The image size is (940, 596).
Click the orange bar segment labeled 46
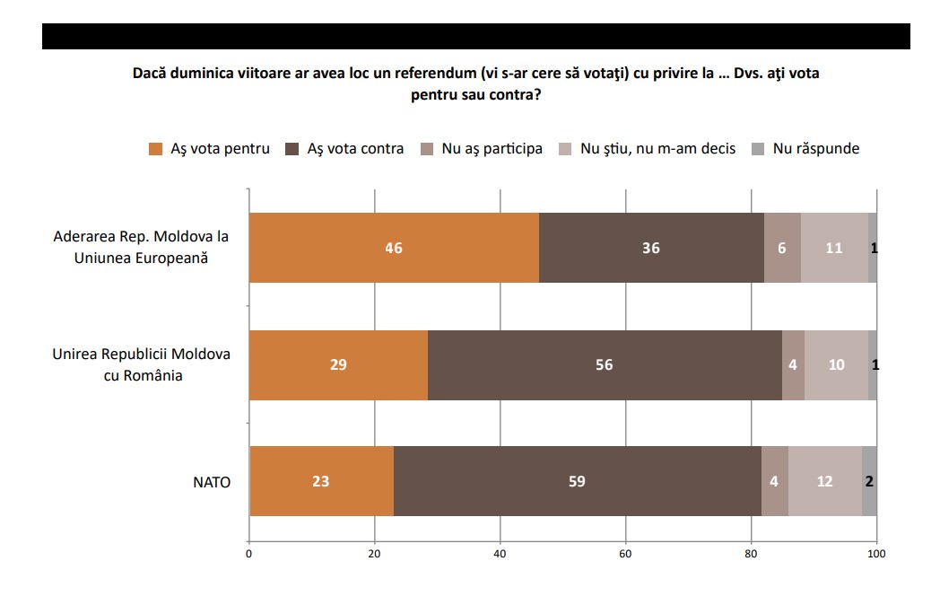click(394, 247)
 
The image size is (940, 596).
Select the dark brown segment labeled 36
click(652, 247)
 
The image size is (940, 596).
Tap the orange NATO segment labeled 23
click(321, 481)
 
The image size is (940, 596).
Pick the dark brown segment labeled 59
click(578, 481)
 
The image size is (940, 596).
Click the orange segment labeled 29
click(339, 365)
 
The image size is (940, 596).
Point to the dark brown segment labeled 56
click(605, 365)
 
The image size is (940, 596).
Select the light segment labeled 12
click(825, 481)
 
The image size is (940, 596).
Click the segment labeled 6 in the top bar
click(782, 247)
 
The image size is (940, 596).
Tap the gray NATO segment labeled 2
click(869, 481)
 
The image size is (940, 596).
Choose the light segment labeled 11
click(834, 247)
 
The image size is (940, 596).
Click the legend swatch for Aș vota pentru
click(156, 149)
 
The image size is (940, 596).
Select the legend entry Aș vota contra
click(344, 149)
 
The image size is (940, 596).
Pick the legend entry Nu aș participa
click(482, 149)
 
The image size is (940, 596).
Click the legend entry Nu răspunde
click(805, 149)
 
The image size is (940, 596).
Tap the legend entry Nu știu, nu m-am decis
click(647, 149)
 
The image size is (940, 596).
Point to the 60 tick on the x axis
click(625, 554)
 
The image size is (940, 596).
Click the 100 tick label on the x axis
click(876, 554)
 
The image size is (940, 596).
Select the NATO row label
click(212, 482)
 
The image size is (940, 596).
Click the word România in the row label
click(152, 375)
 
